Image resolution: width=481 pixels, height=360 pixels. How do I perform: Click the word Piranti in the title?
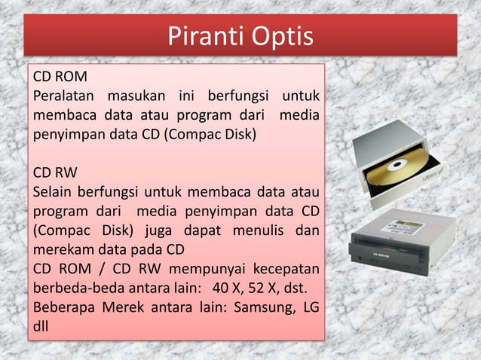coord(199,36)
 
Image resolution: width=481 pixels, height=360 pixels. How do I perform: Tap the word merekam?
coord(62,249)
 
